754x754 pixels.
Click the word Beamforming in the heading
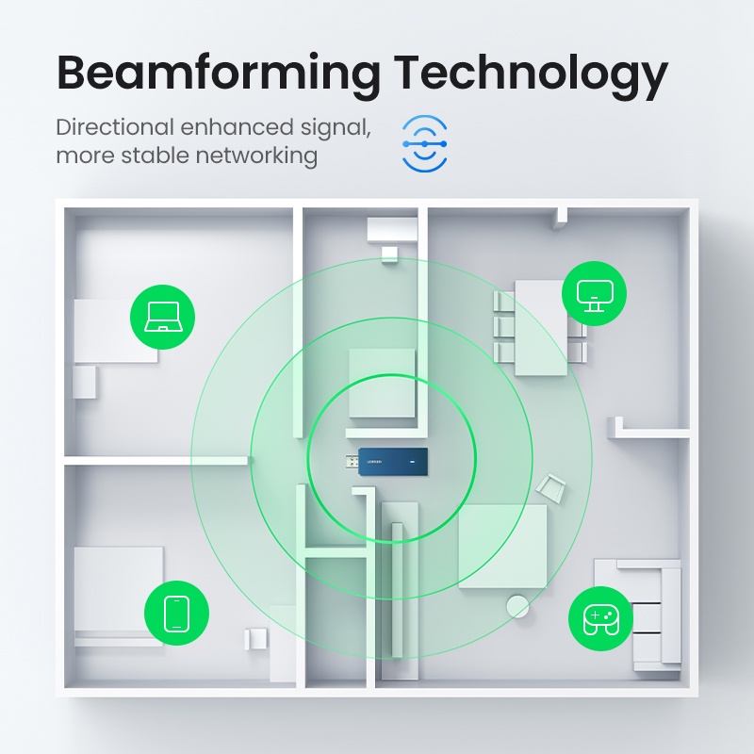click(218, 73)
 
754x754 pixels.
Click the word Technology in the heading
click(531, 73)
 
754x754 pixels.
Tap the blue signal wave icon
click(424, 143)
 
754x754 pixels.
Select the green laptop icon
click(162, 318)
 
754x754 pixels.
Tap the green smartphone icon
click(176, 613)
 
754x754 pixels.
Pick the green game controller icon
click(600, 618)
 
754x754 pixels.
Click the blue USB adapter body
click(394, 462)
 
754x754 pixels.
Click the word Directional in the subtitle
click(115, 127)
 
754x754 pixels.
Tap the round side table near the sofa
click(516, 605)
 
